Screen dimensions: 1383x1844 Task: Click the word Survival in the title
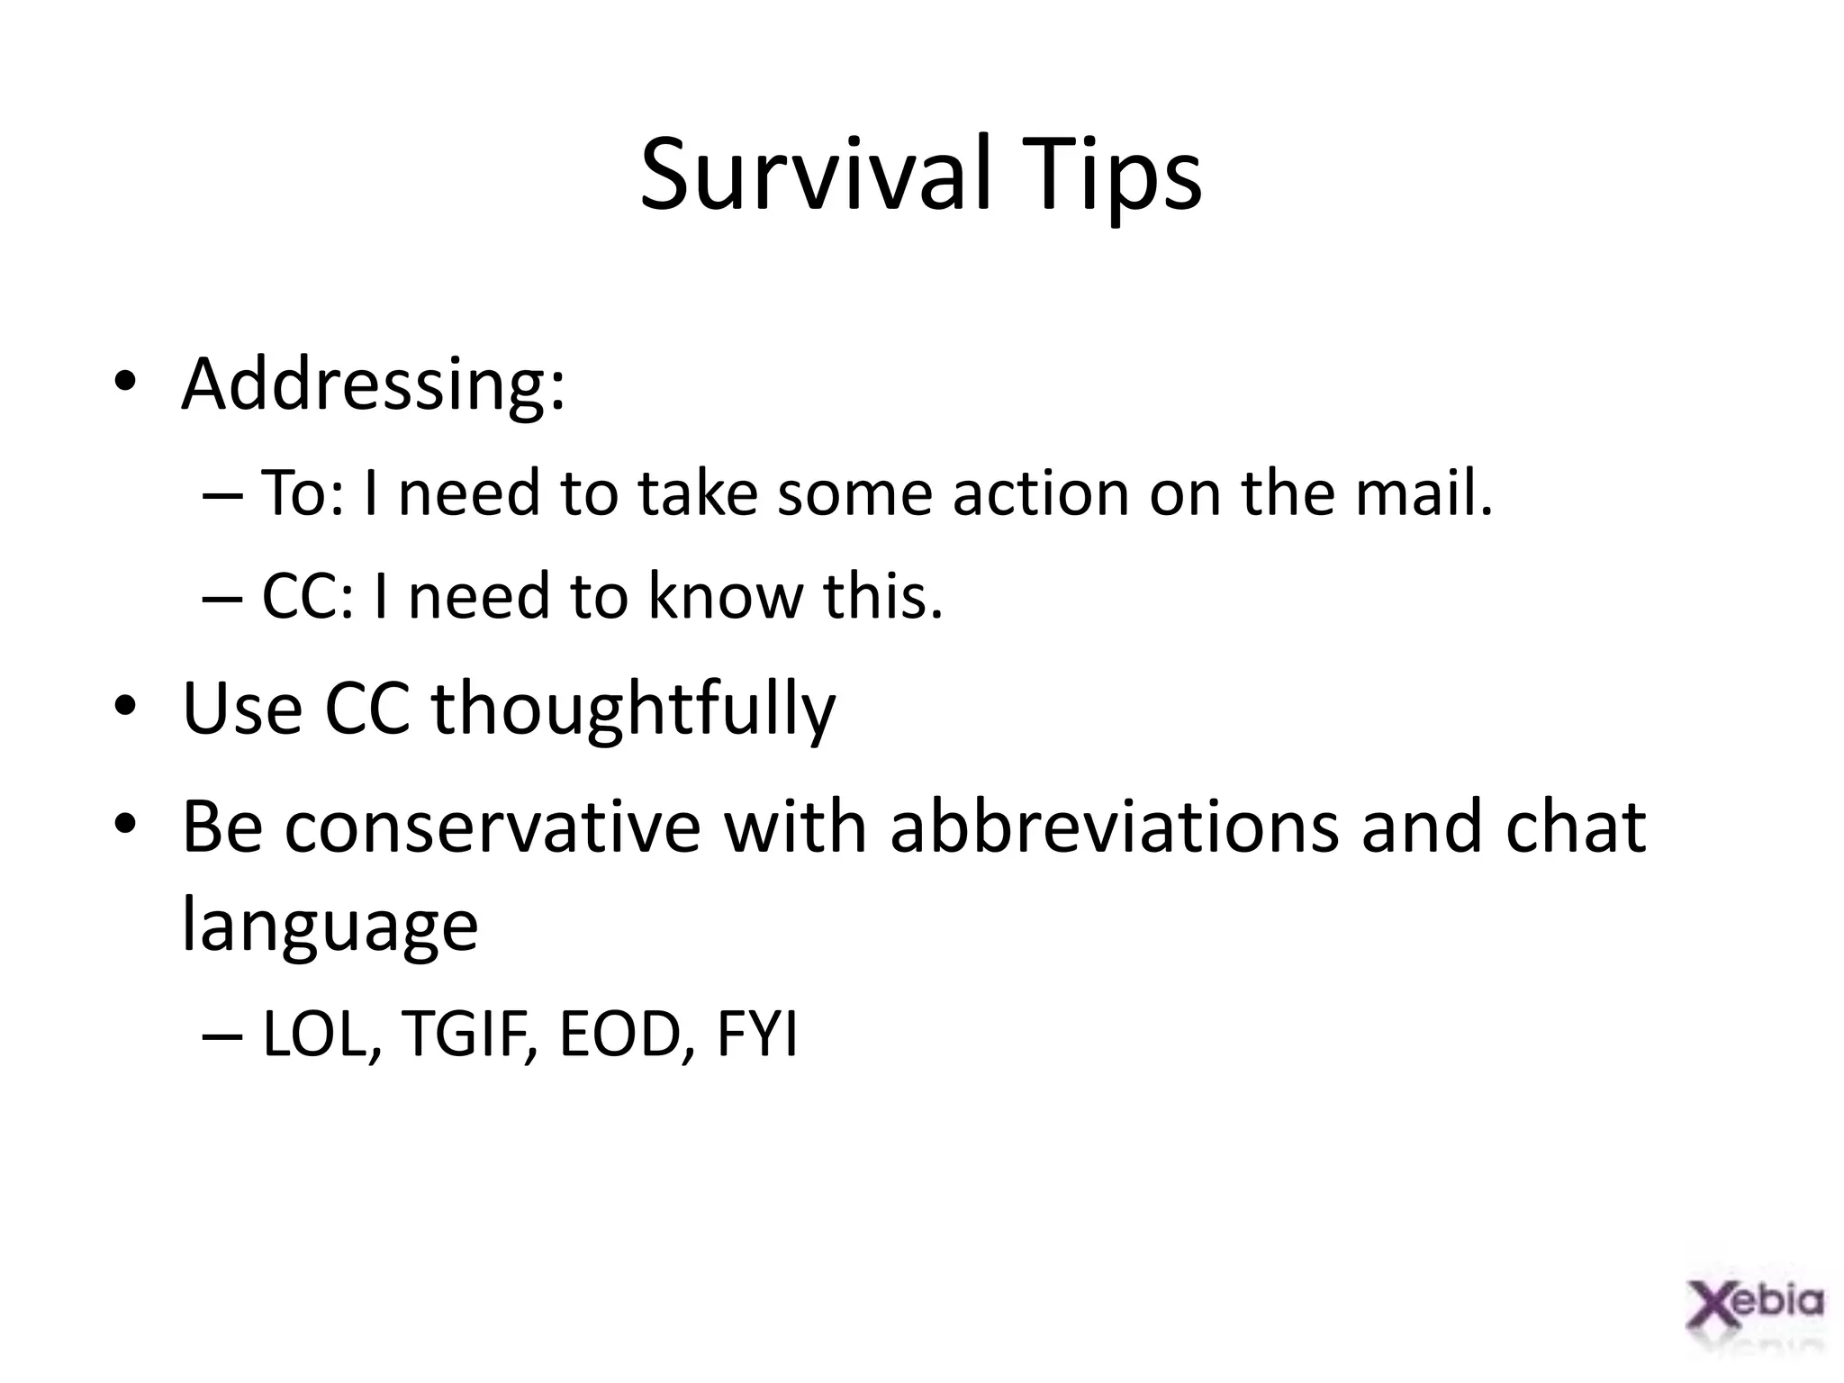coord(816,174)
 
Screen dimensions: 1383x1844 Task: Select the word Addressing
coord(373,384)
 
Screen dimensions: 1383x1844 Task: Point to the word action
coord(1041,493)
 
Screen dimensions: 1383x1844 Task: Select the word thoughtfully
coord(634,709)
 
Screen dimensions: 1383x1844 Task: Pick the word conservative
coord(492,827)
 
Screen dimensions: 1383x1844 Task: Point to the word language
coord(330,927)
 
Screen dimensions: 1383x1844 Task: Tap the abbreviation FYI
coord(757,1035)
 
